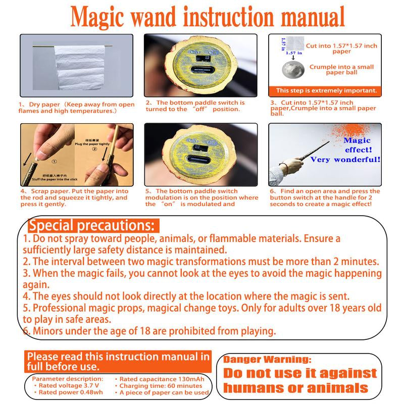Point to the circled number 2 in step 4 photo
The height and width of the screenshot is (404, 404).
coord(93,149)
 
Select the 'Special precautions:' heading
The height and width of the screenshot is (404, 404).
coord(93,225)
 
